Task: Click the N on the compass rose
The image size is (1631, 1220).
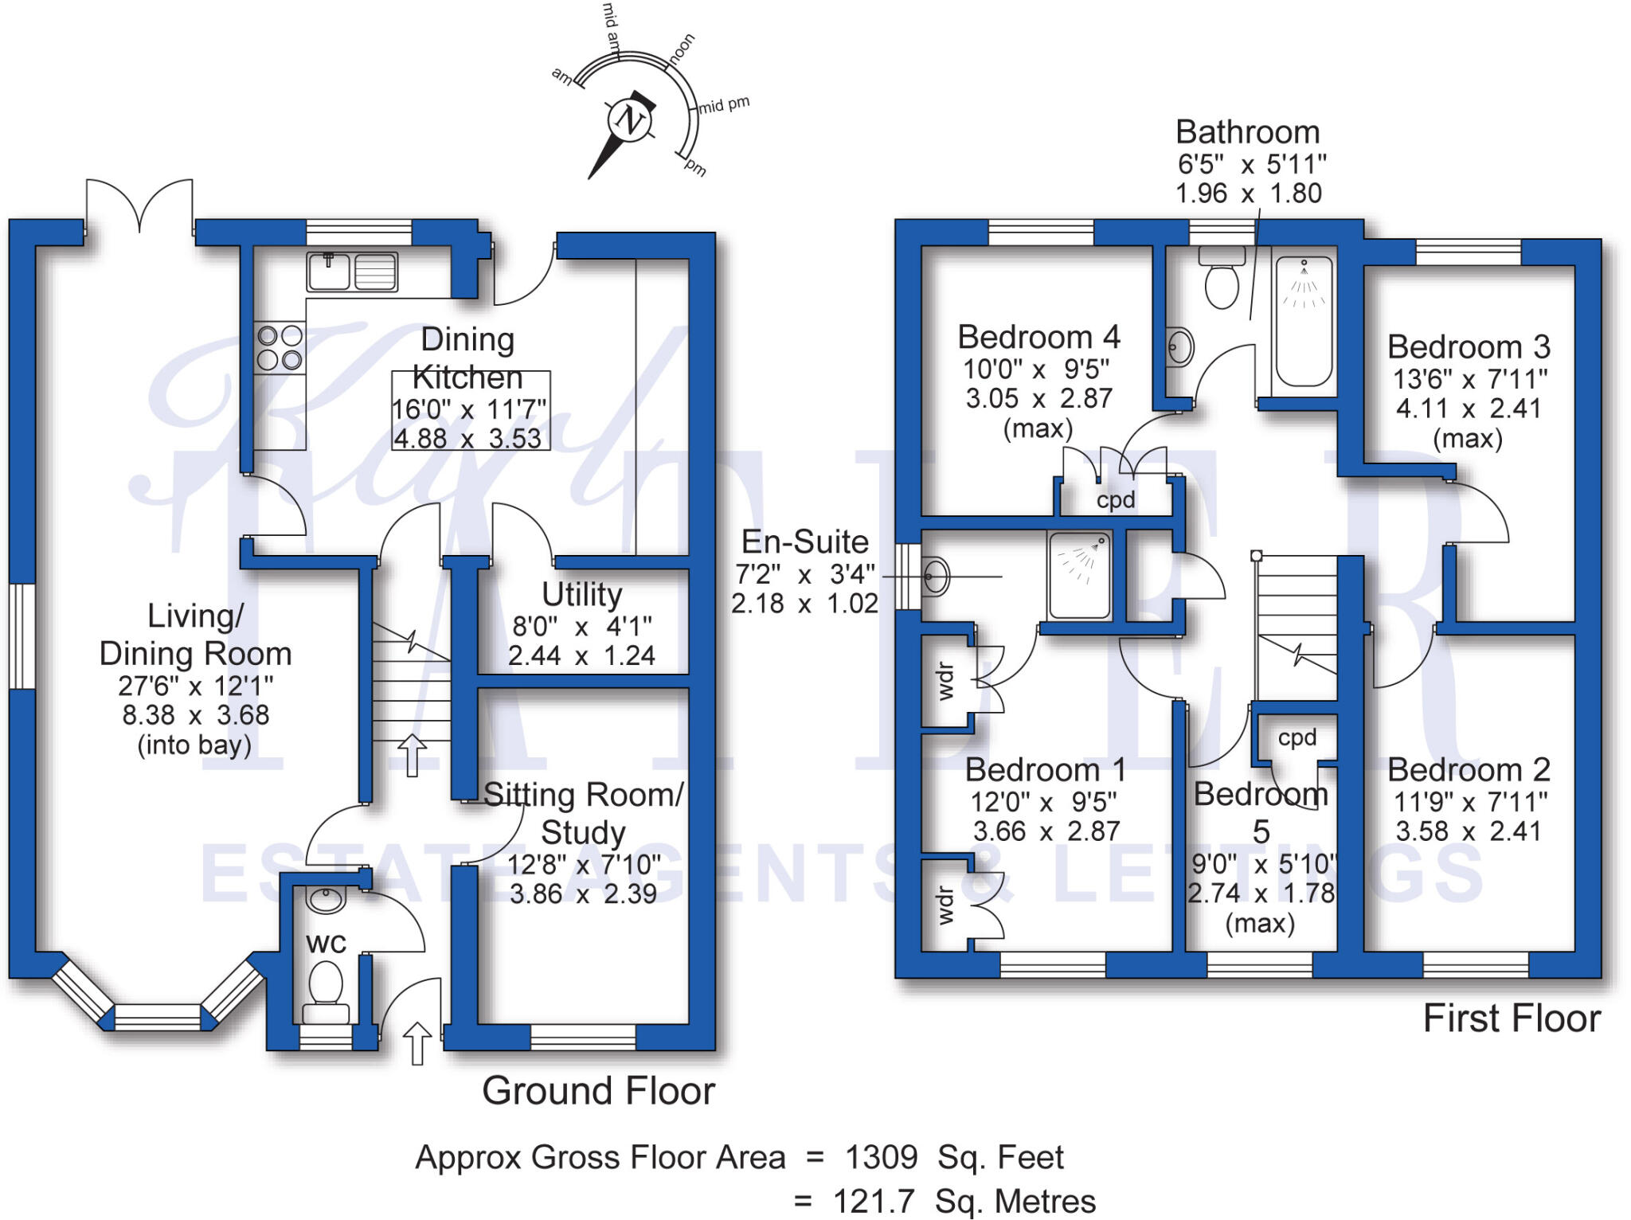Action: pyautogui.click(x=631, y=120)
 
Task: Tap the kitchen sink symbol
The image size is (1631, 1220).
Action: pyautogui.click(x=351, y=271)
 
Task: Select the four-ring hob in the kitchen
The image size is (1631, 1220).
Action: pyautogui.click(x=280, y=348)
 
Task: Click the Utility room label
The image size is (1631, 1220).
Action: pyautogui.click(x=581, y=595)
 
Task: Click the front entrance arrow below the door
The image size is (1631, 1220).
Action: pyautogui.click(x=417, y=1042)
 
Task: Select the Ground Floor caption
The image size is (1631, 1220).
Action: pyautogui.click(x=598, y=1090)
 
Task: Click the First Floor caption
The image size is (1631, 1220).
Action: pyautogui.click(x=1511, y=1019)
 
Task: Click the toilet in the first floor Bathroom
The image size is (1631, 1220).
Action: pyautogui.click(x=1222, y=279)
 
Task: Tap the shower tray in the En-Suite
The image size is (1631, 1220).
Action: pyautogui.click(x=1080, y=575)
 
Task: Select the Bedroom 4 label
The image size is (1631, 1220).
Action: pyautogui.click(x=1038, y=337)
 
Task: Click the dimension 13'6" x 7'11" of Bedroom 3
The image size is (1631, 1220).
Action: pyautogui.click(x=1470, y=379)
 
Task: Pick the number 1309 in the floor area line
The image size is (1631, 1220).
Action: pyautogui.click(x=881, y=1157)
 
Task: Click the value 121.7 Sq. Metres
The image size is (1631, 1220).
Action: pyautogui.click(x=964, y=1201)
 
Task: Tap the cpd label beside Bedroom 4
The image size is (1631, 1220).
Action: pyautogui.click(x=1115, y=500)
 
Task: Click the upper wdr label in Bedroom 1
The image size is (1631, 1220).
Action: pyautogui.click(x=945, y=681)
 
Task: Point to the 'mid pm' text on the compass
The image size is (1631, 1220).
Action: pyautogui.click(x=724, y=104)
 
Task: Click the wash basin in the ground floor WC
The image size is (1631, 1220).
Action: pyautogui.click(x=326, y=900)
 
